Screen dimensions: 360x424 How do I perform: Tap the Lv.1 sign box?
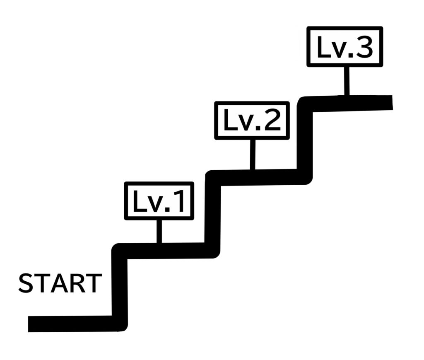(159, 201)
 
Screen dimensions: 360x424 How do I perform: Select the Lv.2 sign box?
(252, 121)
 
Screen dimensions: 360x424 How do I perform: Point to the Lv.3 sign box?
(344, 47)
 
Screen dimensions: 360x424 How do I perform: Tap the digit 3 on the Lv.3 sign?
(365, 47)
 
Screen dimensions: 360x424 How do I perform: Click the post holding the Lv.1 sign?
(159, 231)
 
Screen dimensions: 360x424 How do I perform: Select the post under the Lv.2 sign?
(253, 154)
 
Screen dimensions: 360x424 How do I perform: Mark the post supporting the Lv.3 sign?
(347, 80)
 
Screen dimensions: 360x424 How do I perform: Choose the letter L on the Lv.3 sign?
(322, 47)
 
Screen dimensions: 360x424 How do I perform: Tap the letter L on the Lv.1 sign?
(138, 201)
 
